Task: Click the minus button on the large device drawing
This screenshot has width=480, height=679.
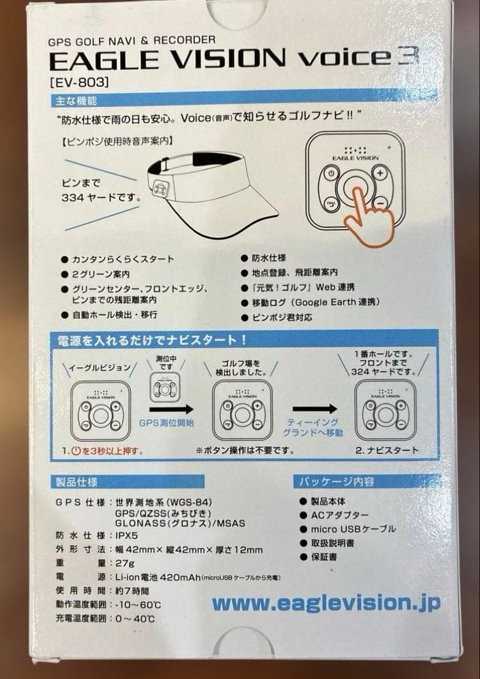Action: pyautogui.click(x=379, y=203)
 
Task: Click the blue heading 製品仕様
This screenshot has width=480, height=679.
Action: pyautogui.click(x=74, y=482)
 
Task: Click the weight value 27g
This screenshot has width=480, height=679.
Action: pyautogui.click(x=125, y=563)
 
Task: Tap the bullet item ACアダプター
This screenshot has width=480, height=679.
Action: pyautogui.click(x=340, y=515)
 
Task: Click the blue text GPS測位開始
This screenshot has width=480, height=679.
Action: pyautogui.click(x=167, y=422)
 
